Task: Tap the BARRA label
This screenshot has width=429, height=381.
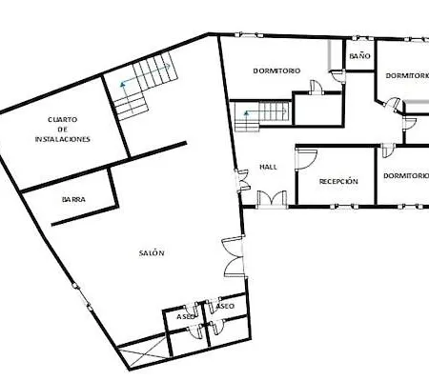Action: [x=73, y=200]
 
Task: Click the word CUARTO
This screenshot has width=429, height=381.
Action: [x=61, y=119]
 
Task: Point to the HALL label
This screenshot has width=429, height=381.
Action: [x=268, y=167]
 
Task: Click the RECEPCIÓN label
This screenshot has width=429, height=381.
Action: [x=338, y=181]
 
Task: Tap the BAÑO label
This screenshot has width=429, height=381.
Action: [x=359, y=57]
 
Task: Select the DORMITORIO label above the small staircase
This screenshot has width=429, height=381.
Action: [x=276, y=71]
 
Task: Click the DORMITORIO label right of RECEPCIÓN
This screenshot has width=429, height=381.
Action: [x=405, y=176]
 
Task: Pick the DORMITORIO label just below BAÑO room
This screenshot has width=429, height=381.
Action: [x=406, y=75]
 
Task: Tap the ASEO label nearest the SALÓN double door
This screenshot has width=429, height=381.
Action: [x=226, y=307]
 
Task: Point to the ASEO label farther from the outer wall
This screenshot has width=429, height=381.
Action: [x=186, y=315]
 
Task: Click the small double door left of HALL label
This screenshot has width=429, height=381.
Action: [x=241, y=178]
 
